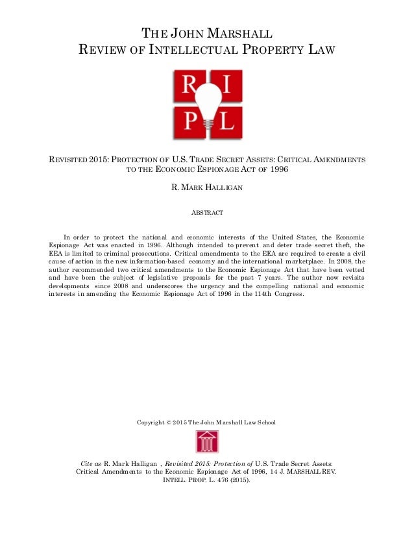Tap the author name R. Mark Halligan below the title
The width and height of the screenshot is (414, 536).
(x=206, y=189)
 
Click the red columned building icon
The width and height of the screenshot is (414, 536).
(x=207, y=442)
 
